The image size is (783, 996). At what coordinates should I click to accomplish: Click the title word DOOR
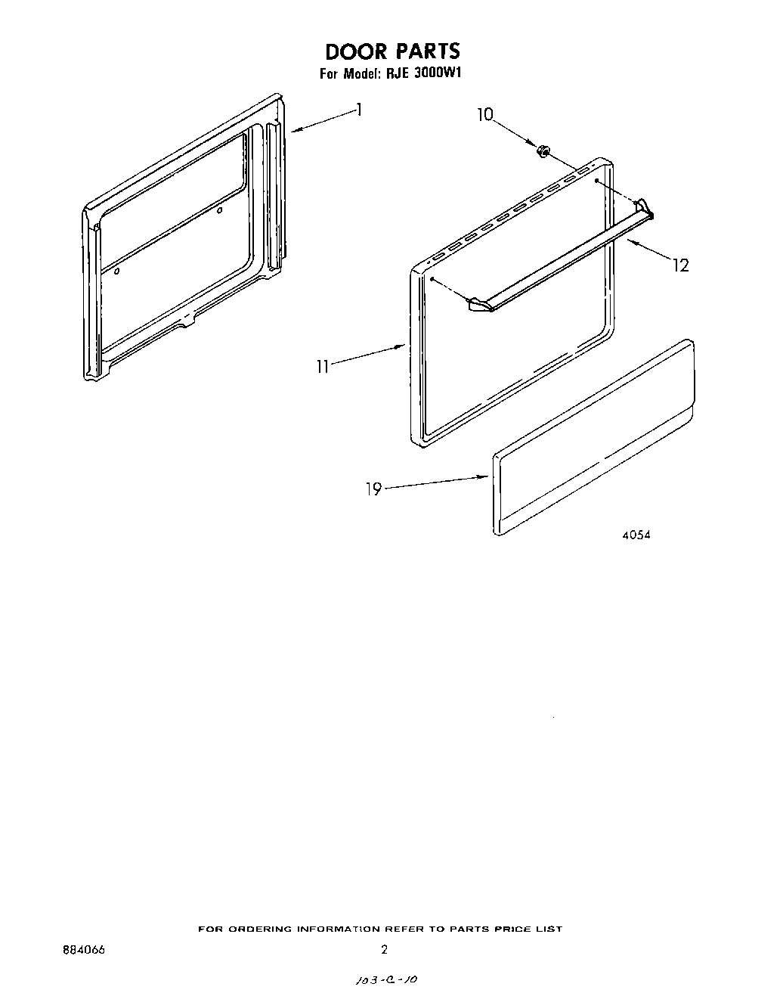[353, 51]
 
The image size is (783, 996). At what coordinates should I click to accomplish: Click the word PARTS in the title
[423, 51]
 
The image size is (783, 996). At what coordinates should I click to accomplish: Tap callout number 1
[360, 110]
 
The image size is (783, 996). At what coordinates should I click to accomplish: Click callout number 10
[484, 115]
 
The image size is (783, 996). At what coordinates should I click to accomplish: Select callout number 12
[681, 265]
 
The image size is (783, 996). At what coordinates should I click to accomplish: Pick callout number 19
[373, 489]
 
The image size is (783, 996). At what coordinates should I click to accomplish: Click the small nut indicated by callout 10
[542, 151]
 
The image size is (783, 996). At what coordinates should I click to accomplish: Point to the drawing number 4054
[636, 535]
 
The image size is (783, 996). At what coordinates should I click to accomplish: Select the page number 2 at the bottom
[384, 949]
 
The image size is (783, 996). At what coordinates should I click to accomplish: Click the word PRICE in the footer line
[515, 929]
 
